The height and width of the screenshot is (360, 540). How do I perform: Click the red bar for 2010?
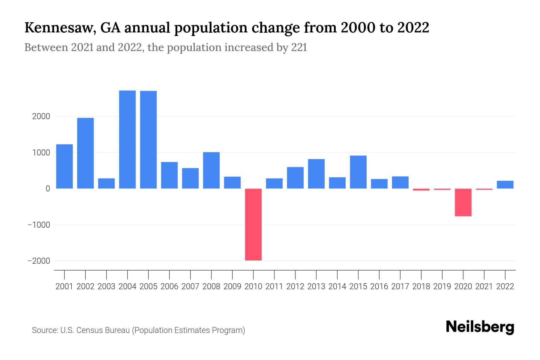coord(253,224)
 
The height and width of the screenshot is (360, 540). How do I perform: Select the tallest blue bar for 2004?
coord(127,139)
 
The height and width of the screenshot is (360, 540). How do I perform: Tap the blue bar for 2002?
coord(85,153)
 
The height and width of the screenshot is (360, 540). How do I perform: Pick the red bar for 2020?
coord(463,202)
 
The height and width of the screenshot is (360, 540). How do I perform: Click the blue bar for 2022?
coord(505,185)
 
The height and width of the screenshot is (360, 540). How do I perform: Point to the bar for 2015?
coord(358,172)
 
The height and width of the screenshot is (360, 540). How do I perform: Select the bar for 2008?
coord(211,170)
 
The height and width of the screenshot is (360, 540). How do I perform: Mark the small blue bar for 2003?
coord(106,184)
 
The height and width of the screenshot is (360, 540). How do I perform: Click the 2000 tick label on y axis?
coord(41,116)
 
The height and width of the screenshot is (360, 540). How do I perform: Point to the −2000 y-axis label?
coord(39,261)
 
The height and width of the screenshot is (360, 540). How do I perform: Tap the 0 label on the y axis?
coord(48,189)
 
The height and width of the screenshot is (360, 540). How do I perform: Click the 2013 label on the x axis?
coord(316,286)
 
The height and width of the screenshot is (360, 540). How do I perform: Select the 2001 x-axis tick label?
coord(64,286)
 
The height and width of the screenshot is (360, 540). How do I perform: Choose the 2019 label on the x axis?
coord(442,286)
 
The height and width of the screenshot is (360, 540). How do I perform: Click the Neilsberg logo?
coord(480,327)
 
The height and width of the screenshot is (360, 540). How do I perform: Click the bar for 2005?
coord(148,139)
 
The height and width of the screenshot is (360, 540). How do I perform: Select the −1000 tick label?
coord(39,225)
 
